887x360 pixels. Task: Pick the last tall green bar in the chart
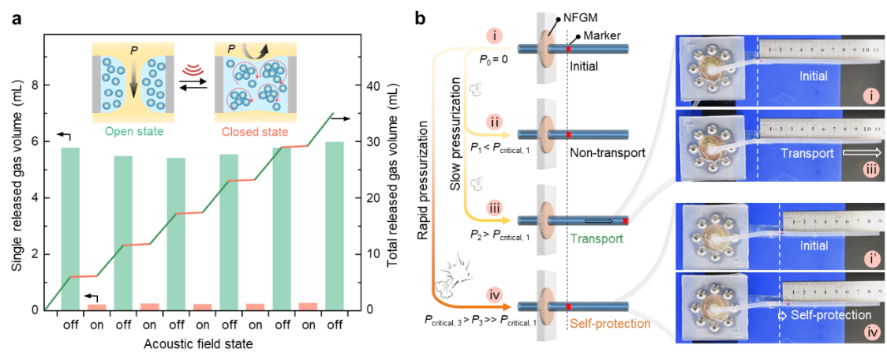335,225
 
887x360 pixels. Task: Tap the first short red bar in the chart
96,307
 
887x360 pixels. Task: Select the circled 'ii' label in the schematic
494,122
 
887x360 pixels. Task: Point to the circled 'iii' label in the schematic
494,208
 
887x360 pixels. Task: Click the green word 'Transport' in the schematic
597,238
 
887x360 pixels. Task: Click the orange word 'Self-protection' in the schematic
609,324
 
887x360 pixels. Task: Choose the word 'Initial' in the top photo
813,74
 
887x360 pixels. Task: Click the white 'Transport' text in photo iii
807,154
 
